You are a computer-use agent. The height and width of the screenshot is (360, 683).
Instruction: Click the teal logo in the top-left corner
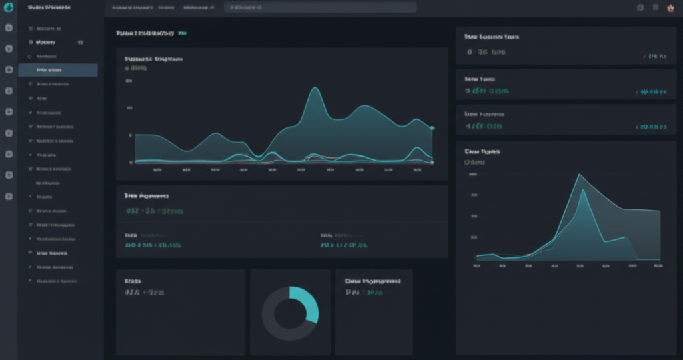pyautogui.click(x=9, y=7)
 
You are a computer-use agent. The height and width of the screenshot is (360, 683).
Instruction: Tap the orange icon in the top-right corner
pyautogui.click(x=671, y=7)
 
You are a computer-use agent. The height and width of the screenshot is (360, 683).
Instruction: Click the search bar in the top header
pyautogui.click(x=320, y=7)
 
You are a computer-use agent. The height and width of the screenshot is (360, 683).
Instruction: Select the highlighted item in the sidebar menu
pyautogui.click(x=58, y=70)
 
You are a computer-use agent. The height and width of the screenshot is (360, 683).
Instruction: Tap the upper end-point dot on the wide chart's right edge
pyautogui.click(x=432, y=127)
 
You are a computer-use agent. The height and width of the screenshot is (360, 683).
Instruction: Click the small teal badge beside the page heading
pyautogui.click(x=182, y=33)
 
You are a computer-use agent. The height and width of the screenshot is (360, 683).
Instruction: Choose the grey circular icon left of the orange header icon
pyautogui.click(x=640, y=7)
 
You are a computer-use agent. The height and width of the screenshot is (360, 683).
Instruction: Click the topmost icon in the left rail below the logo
pyautogui.click(x=9, y=29)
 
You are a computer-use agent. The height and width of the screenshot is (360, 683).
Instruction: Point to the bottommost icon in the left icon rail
pyautogui.click(x=9, y=197)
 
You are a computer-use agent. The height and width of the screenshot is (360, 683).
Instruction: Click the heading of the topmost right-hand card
pyautogui.click(x=492, y=37)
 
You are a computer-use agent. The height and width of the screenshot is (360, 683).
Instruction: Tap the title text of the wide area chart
pyautogui.click(x=153, y=59)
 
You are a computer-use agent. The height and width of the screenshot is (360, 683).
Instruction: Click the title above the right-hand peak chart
pyautogui.click(x=482, y=152)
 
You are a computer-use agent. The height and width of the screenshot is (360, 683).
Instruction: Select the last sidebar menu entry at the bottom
pyautogui.click(x=56, y=281)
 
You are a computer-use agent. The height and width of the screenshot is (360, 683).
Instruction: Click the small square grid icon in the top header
pyautogui.click(x=656, y=7)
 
